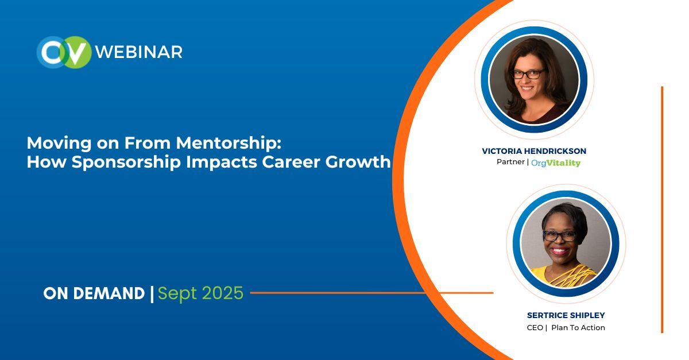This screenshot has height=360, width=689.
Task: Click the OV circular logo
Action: coord(64,52)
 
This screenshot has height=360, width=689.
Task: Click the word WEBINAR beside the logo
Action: coord(139,52)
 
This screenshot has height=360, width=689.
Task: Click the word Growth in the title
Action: coord(357,162)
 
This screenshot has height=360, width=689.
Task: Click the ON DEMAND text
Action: coord(94,293)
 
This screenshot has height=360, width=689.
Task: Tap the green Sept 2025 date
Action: coord(200,293)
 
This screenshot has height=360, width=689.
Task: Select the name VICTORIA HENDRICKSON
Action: coord(534,151)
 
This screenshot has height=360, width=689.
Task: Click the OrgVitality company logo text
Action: coord(555,163)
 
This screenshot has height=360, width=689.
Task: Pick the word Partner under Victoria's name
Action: coord(510,162)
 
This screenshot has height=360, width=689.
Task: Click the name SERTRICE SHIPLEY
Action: coord(566,315)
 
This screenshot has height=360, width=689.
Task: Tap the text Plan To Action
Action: coord(578,328)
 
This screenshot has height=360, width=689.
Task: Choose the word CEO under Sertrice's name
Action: coord(535,328)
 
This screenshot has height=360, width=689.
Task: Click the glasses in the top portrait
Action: coord(528,74)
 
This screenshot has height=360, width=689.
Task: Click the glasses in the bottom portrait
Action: coord(559,236)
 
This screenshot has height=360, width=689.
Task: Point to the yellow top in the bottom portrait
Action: coord(566,276)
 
